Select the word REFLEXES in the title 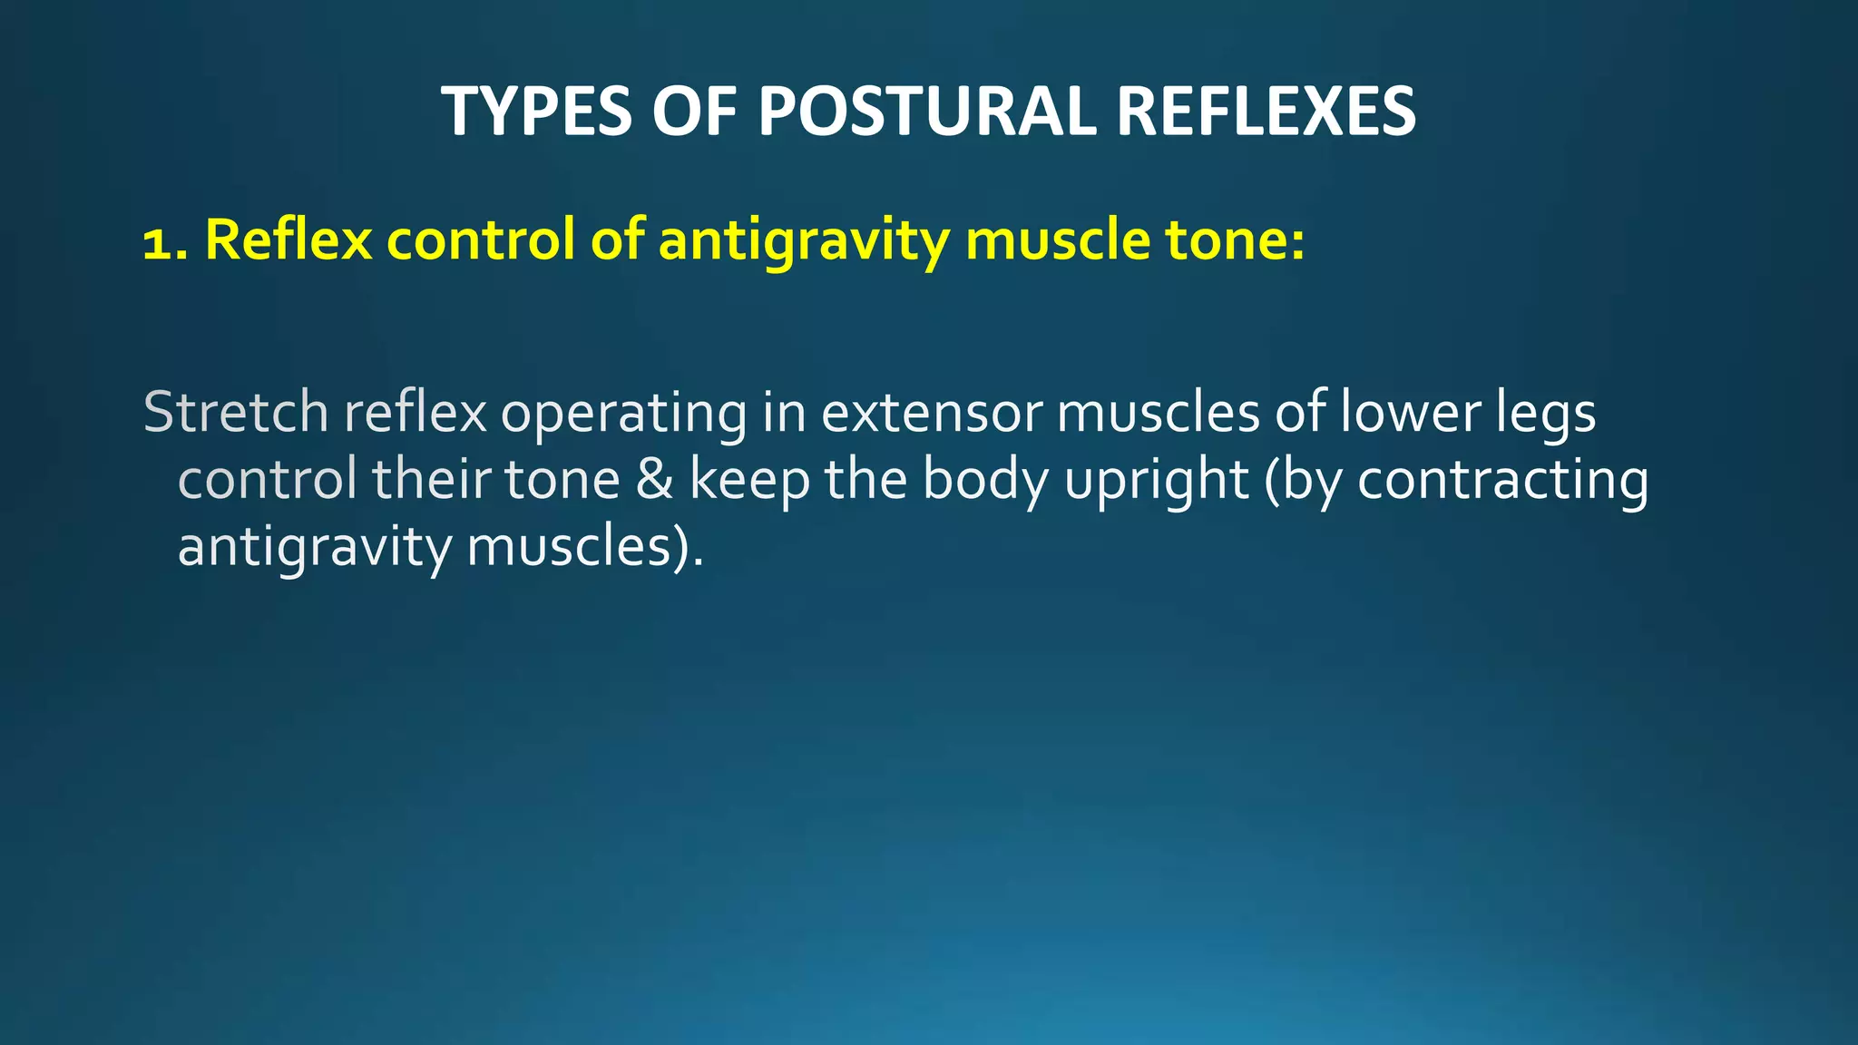pos(1266,112)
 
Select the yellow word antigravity pos(804,241)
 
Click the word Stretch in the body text pos(235,412)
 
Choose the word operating pos(623,414)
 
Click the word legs pos(1546,414)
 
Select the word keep pos(749,481)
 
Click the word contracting pos(1502,481)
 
